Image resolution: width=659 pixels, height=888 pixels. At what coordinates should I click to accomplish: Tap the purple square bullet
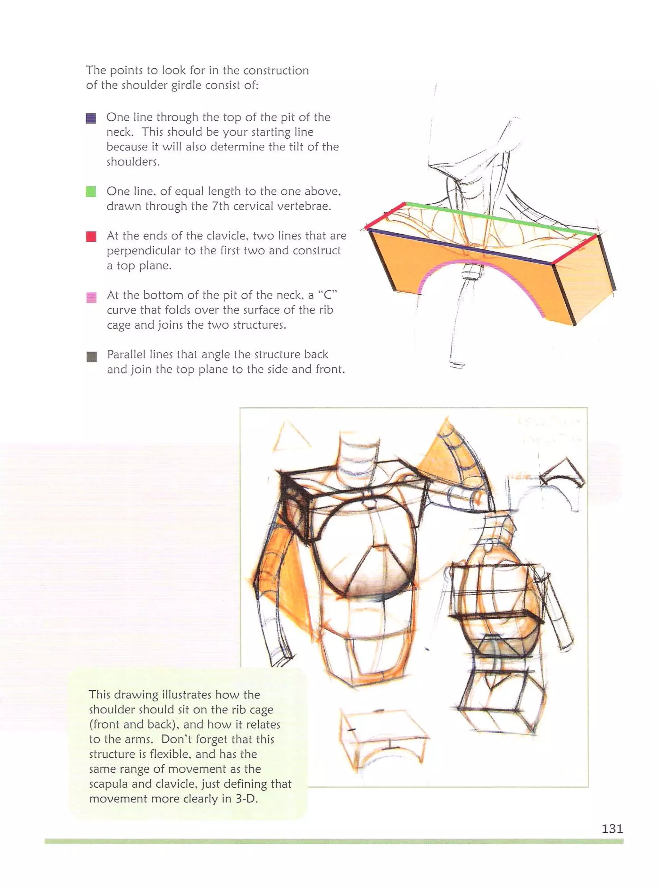91,118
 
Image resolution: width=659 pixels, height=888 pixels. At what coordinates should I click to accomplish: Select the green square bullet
91,191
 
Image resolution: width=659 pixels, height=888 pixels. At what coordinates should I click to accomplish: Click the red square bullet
91,236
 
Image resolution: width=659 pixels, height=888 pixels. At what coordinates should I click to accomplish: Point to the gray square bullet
92,356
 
